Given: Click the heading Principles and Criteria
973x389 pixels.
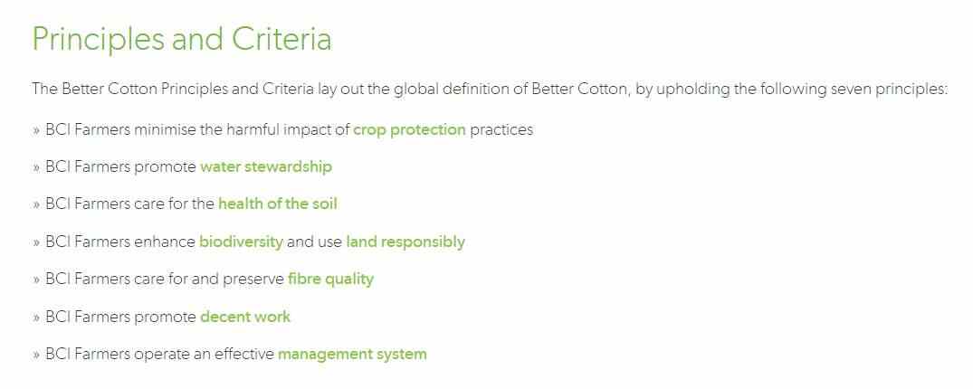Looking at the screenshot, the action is coord(182,39).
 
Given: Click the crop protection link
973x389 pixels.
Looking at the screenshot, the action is coord(409,129).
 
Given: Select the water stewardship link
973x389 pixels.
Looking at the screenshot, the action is coord(266,166).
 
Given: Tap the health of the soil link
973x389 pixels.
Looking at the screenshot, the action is coord(278,204).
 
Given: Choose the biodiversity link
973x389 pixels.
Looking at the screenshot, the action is coord(242,242).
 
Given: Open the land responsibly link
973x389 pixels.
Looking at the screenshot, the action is coord(405,242).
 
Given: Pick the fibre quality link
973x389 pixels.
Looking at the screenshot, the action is coord(330,280).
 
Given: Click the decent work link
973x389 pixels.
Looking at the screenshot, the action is coord(245,317).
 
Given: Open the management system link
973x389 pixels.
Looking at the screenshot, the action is coord(352,355).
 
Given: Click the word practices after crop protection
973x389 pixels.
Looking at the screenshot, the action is coord(501,130).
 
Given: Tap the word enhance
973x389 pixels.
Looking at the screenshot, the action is coord(165,242).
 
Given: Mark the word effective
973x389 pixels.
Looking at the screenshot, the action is coord(243,355).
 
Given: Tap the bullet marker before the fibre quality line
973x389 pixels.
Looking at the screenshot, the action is coord(36,280).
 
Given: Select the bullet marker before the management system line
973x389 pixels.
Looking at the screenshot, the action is coord(36,355).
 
